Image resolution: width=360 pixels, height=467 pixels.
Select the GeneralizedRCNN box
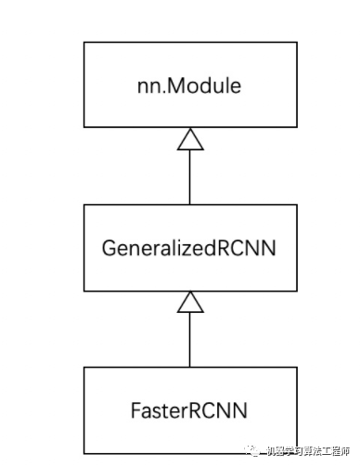(x=189, y=248)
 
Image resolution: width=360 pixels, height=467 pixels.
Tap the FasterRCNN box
(x=189, y=409)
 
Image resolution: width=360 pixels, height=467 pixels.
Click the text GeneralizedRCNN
(x=189, y=248)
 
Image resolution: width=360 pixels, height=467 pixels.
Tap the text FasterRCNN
(x=189, y=409)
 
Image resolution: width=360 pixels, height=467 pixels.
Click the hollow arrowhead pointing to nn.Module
(x=190, y=139)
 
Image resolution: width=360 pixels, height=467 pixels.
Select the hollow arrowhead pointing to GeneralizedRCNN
(x=190, y=301)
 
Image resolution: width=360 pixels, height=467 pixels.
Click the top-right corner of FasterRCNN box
(x=295, y=368)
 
